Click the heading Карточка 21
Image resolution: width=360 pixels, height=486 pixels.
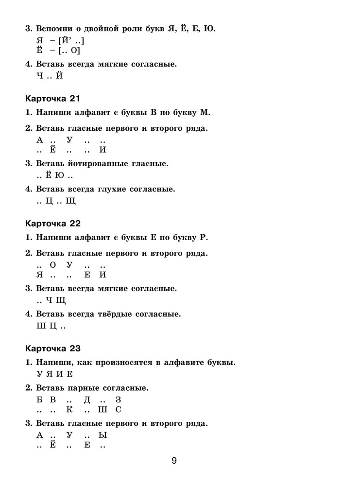(x=52, y=99)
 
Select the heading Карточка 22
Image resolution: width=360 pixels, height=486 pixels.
(x=52, y=224)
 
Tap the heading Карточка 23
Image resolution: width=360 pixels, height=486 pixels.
(x=52, y=348)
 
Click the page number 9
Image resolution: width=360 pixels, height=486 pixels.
(x=174, y=461)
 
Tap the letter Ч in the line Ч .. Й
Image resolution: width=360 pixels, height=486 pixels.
(x=40, y=76)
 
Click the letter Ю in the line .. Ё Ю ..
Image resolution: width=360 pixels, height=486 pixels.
(x=60, y=175)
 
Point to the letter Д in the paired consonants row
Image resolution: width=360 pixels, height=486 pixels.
(x=87, y=400)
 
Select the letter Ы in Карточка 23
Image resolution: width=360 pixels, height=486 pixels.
(x=103, y=435)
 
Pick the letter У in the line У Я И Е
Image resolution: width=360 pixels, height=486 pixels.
(x=40, y=374)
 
